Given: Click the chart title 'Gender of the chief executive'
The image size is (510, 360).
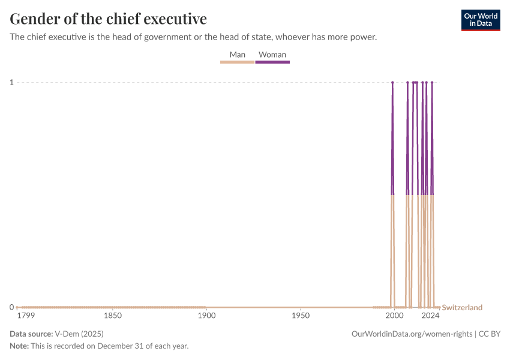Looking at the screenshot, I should click(x=109, y=19).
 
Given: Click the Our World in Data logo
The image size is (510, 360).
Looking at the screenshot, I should click(x=480, y=20).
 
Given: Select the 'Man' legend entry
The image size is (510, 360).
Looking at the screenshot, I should click(x=238, y=55).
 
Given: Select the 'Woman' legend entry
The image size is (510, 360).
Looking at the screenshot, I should click(x=272, y=55).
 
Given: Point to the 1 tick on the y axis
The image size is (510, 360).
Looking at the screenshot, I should click(x=11, y=82).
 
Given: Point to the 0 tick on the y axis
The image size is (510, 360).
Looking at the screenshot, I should click(x=11, y=307).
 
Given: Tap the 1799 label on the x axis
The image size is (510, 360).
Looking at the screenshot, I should click(x=26, y=316).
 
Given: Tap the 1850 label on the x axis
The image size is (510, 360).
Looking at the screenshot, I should click(x=112, y=316).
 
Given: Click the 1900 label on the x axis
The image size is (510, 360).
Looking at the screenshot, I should click(x=206, y=316).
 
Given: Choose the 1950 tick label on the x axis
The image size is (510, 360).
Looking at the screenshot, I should click(x=300, y=316).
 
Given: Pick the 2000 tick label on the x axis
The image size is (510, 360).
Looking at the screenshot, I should click(x=394, y=316).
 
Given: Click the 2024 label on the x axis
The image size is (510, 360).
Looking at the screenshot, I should click(x=430, y=316).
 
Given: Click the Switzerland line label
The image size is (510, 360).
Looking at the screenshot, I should click(x=462, y=308).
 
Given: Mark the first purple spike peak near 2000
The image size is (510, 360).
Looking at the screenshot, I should click(x=392, y=82).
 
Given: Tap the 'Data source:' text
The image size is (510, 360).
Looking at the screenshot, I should click(x=31, y=334).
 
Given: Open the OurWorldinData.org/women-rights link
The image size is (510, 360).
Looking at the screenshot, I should click(x=412, y=334).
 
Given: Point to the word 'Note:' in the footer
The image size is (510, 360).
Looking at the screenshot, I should click(x=20, y=346).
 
